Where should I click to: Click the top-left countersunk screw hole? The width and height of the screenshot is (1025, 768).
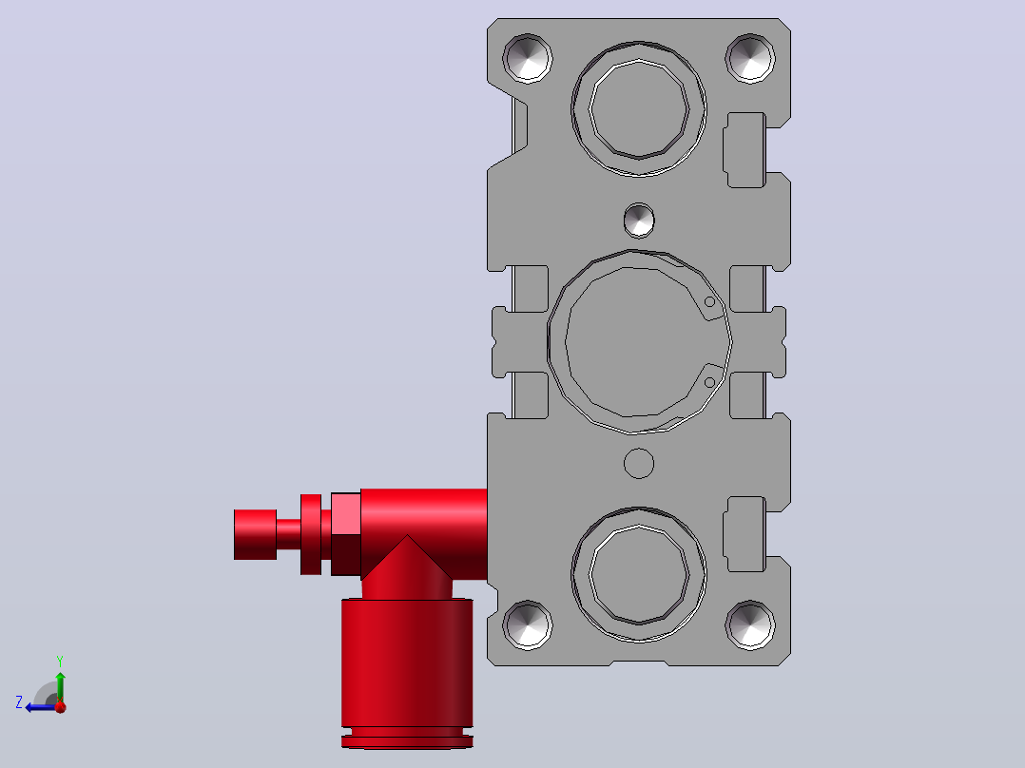(528, 58)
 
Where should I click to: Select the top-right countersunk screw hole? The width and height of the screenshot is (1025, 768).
(750, 58)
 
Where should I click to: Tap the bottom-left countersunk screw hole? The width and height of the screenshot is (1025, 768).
(528, 624)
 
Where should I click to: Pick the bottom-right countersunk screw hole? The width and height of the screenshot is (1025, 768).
(750, 624)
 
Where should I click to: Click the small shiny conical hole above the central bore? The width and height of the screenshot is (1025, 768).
(639, 221)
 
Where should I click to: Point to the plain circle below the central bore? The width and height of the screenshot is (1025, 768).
(639, 464)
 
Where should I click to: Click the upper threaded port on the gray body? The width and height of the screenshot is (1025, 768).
(639, 109)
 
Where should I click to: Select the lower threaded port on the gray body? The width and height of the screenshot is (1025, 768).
(639, 574)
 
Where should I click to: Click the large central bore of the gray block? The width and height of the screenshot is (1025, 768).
(639, 342)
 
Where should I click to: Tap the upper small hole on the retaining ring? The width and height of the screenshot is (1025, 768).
(709, 302)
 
